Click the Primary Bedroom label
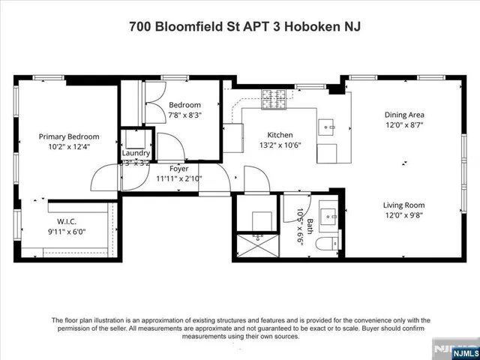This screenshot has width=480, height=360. (69, 136)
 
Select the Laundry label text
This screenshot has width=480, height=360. (136, 153)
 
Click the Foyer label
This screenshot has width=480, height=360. (178, 169)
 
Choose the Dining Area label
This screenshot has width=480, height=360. (404, 115)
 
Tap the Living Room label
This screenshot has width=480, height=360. (404, 205)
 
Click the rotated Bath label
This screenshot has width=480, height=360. (309, 225)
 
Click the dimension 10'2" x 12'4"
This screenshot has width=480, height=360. (69, 147)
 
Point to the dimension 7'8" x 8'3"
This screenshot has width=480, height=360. (184, 115)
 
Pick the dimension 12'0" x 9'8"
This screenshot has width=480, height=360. (404, 215)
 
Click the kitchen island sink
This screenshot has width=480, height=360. (328, 128)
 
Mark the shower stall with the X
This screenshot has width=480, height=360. (258, 244)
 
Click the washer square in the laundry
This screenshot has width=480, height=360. (136, 139)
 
